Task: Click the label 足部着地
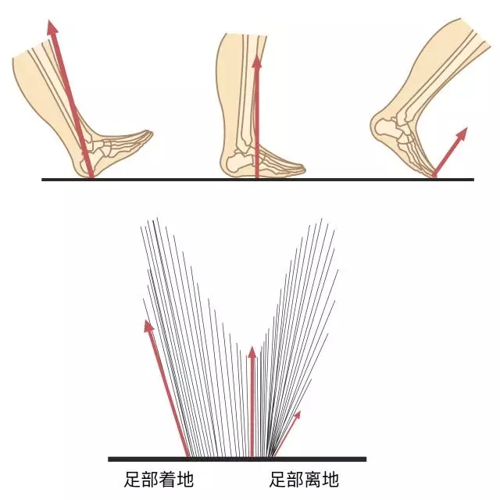click(x=159, y=479)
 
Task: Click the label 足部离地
click(x=304, y=479)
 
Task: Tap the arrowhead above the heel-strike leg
click(x=52, y=26)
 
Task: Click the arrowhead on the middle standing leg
click(x=256, y=61)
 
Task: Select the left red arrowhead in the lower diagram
click(x=148, y=327)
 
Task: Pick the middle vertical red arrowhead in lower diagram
click(x=252, y=352)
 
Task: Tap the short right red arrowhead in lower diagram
click(x=297, y=415)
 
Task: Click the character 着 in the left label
click(x=167, y=479)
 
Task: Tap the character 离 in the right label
click(x=312, y=479)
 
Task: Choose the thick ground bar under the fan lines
click(x=237, y=459)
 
